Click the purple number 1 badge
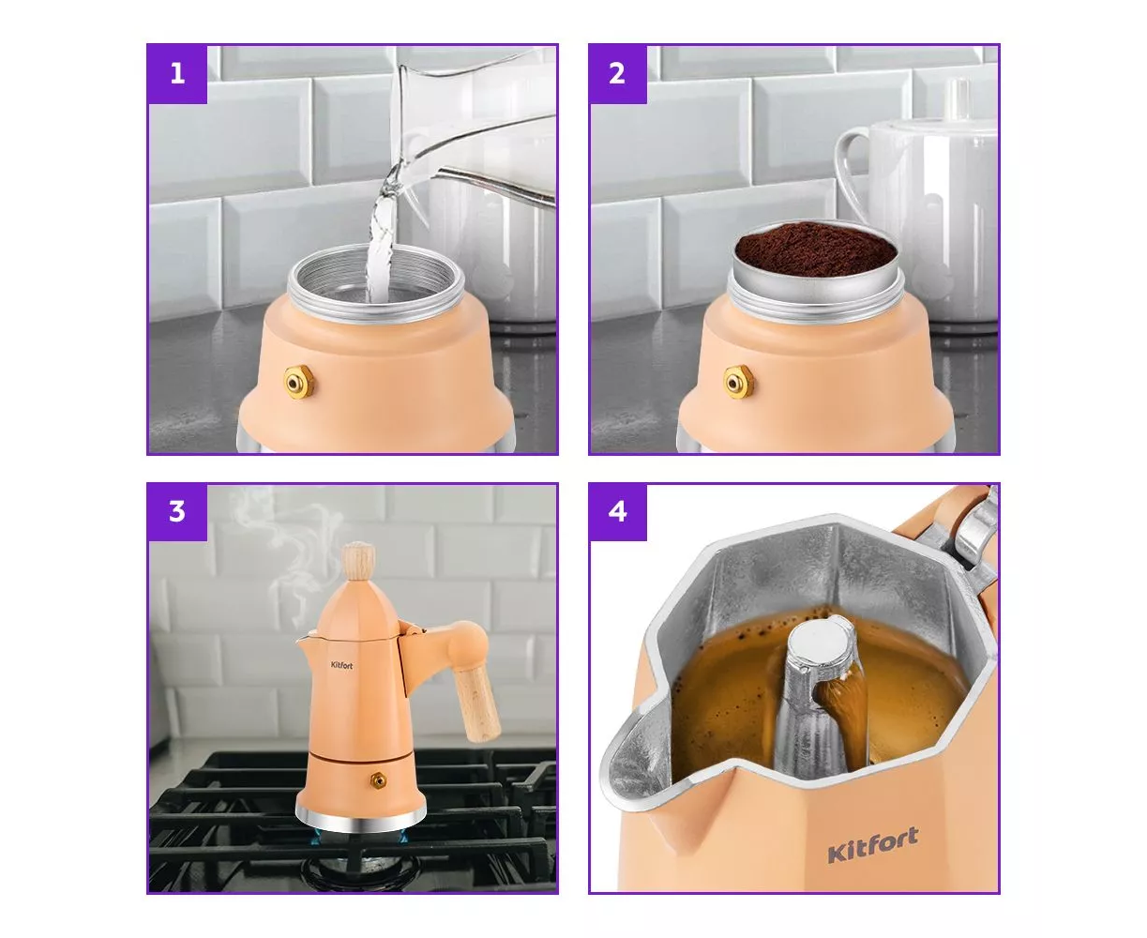click(x=177, y=74)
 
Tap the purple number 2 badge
click(x=618, y=74)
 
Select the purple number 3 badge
click(x=177, y=512)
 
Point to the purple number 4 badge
click(x=618, y=512)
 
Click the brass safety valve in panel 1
click(x=298, y=382)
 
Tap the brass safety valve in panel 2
click(x=738, y=382)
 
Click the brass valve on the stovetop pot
click(x=378, y=780)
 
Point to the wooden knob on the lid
click(x=358, y=561)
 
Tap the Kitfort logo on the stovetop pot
click(x=341, y=665)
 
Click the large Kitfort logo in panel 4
click(x=872, y=845)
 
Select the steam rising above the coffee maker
click(x=283, y=550)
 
